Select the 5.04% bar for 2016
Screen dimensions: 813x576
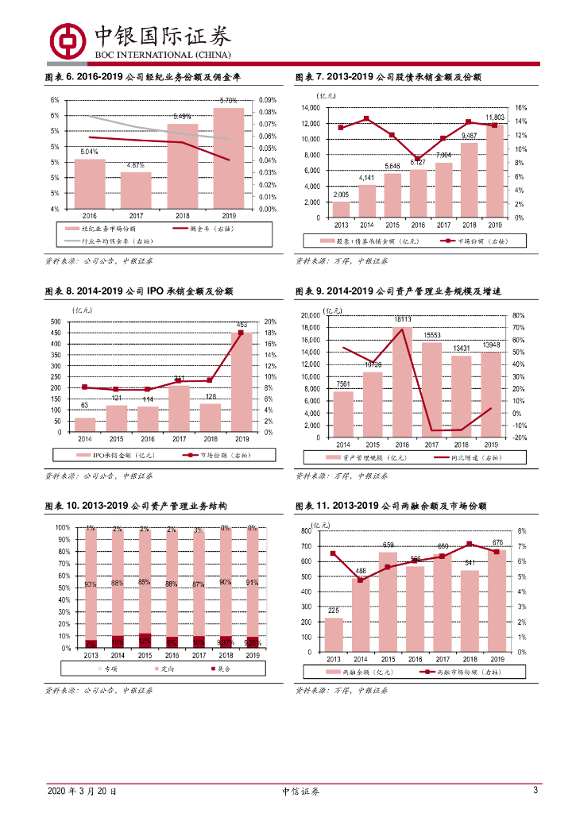click(90, 183)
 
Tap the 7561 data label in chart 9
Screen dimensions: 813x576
click(342, 384)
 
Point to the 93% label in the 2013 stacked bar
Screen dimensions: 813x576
click(91, 584)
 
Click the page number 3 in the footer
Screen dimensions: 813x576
click(535, 791)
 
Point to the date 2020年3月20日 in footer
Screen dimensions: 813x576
click(82, 792)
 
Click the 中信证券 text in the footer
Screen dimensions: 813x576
click(301, 792)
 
